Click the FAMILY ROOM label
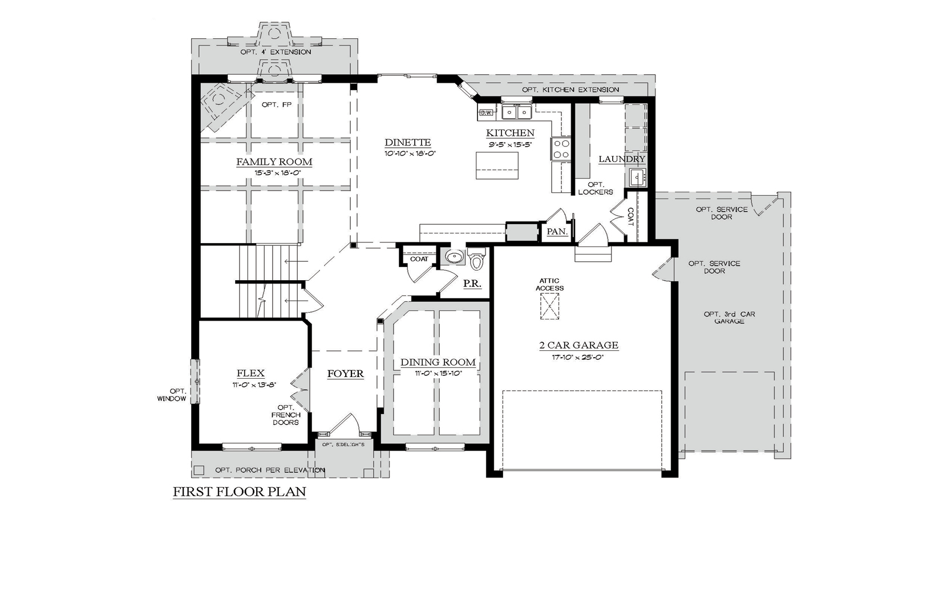(x=274, y=162)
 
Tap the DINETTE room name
(x=407, y=143)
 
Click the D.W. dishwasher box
(x=486, y=113)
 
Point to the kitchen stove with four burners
(x=561, y=148)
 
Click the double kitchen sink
(x=517, y=112)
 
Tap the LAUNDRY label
(x=622, y=159)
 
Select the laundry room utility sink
(x=637, y=177)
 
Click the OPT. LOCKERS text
(x=595, y=188)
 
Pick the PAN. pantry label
(x=557, y=232)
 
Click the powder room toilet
(x=476, y=260)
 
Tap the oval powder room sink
(x=455, y=257)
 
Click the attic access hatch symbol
(x=549, y=306)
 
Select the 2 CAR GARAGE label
(x=578, y=345)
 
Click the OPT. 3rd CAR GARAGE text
(x=729, y=318)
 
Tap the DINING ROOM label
(x=438, y=362)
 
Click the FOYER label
(x=345, y=374)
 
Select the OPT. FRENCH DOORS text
(x=286, y=415)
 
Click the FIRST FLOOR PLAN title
(x=240, y=491)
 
